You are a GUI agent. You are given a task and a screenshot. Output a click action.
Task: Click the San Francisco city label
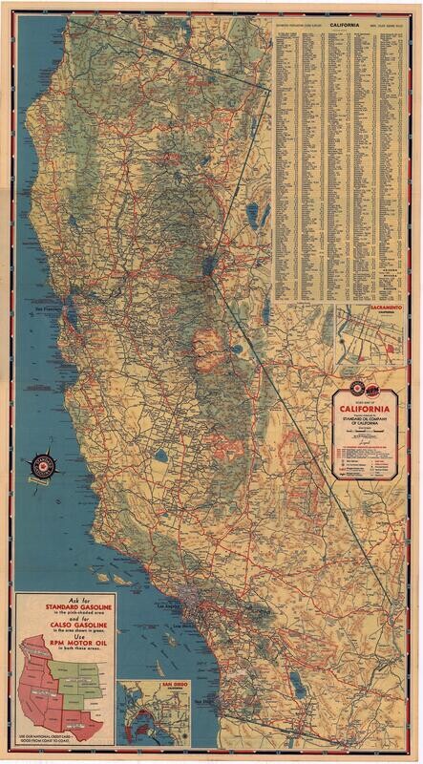(47, 310)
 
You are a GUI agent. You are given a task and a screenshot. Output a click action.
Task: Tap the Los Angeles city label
(168, 605)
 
